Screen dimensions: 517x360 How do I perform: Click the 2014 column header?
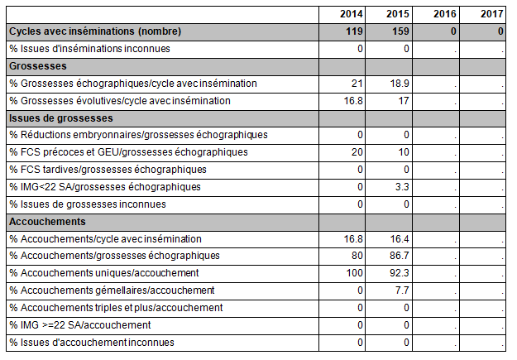(x=352, y=14)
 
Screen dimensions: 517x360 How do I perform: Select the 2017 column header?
(x=491, y=14)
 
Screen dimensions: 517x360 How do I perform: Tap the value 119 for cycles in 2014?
(x=354, y=31)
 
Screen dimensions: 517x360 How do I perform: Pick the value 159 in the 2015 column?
(x=400, y=31)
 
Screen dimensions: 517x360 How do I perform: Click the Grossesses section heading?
(x=38, y=66)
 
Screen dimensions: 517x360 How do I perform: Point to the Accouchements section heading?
(x=47, y=222)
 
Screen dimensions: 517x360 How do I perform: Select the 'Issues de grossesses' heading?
(x=61, y=118)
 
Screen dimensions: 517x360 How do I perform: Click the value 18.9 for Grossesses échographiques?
(x=400, y=84)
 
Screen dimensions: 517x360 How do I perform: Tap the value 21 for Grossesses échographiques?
(x=357, y=84)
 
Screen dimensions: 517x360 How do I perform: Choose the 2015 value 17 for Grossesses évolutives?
(x=403, y=101)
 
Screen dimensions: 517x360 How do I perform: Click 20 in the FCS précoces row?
(x=357, y=152)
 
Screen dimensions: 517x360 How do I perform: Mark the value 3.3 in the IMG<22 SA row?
(x=402, y=187)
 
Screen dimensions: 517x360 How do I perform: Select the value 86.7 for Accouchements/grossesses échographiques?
(x=400, y=256)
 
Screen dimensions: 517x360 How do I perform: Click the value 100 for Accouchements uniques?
(x=354, y=273)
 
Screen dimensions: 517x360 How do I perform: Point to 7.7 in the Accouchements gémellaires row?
(x=402, y=290)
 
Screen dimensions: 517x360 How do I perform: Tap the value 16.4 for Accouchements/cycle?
(x=400, y=239)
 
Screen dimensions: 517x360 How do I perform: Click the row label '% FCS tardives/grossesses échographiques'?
(x=108, y=170)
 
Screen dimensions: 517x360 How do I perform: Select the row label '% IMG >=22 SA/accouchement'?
(x=80, y=325)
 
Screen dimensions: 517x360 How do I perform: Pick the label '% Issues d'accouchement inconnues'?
(x=92, y=343)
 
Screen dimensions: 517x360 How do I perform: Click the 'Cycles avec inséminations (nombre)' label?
(x=95, y=31)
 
